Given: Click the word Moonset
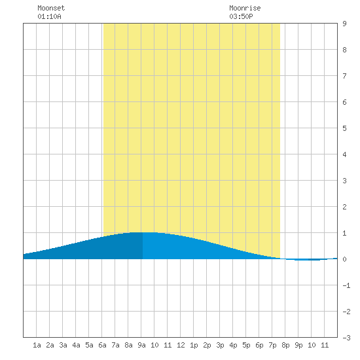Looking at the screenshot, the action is [51, 8].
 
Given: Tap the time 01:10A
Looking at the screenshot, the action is [49, 16].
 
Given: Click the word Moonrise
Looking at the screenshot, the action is [245, 8].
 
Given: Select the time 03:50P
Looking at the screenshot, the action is [241, 16].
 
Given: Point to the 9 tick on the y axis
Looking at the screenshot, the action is [344, 24].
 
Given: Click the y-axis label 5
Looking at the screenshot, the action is [344, 128].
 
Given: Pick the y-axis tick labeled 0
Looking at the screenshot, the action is [344, 259].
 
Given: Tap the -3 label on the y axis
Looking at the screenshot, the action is [346, 338].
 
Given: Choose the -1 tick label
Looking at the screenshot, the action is [346, 285].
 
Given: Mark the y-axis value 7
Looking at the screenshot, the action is [344, 76].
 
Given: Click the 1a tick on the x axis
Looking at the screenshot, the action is [37, 345].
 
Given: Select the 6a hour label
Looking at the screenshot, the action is [102, 345].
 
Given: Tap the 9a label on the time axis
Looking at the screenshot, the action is [141, 345].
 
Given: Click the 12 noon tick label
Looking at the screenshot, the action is [181, 345].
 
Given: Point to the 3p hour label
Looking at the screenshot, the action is [220, 345].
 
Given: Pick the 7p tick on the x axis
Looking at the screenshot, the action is [272, 345].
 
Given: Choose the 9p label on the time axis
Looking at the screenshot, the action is [298, 345].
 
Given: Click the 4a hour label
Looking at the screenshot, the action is [76, 345].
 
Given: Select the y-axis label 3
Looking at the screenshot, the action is [344, 181].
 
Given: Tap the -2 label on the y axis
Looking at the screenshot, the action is [346, 312].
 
